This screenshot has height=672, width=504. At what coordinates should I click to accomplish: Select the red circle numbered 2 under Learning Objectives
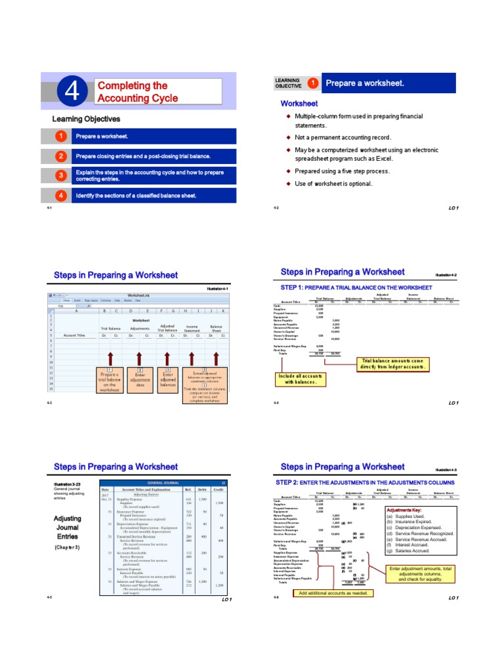click(x=60, y=157)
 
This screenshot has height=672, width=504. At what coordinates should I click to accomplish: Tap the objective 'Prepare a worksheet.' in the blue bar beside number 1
click(x=101, y=136)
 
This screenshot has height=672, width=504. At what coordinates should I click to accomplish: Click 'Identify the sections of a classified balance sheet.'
click(x=136, y=196)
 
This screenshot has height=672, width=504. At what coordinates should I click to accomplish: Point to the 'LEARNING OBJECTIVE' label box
click(x=288, y=83)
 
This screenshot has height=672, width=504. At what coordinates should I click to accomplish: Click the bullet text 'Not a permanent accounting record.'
click(x=343, y=137)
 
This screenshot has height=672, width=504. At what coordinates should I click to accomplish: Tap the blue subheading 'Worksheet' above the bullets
click(x=299, y=104)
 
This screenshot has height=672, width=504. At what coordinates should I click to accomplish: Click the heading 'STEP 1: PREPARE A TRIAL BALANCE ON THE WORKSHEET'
click(x=356, y=287)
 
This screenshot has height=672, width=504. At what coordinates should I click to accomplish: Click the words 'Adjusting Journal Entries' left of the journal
click(x=67, y=527)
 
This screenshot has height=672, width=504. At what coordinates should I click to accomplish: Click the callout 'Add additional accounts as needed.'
click(x=334, y=593)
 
